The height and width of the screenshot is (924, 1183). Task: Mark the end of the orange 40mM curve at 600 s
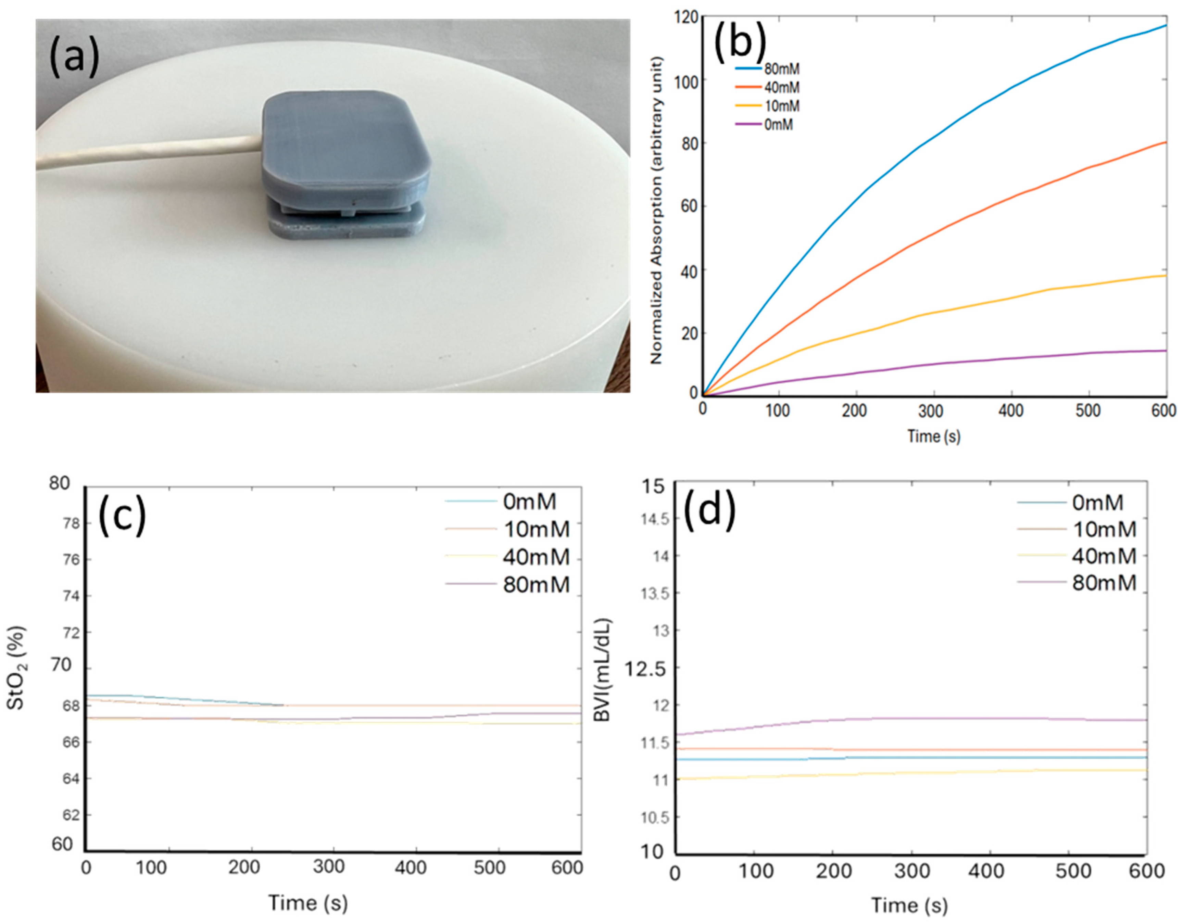[1165, 142]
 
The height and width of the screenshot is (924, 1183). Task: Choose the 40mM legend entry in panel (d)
[1103, 556]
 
